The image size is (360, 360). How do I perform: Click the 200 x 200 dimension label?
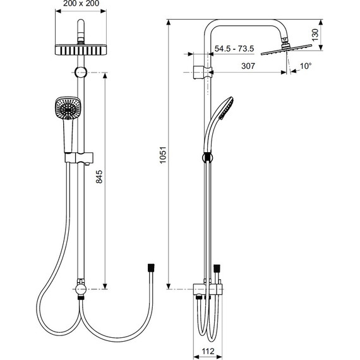tap(81, 3)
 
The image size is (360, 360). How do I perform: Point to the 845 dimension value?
tap(99, 177)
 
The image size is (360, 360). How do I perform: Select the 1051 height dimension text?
tap(163, 155)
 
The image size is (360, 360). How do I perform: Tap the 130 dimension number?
tap(315, 35)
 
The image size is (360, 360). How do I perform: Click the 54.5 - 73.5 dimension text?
tap(234, 49)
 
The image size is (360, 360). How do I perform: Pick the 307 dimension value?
tap(248, 66)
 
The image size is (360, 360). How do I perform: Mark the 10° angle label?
tap(306, 66)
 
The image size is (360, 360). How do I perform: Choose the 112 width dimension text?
tap(208, 351)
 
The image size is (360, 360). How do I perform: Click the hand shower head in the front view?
tap(68, 108)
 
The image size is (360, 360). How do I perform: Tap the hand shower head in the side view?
tap(225, 109)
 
